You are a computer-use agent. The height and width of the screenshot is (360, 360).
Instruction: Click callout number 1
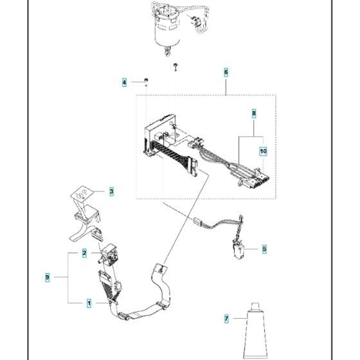[x=89, y=301]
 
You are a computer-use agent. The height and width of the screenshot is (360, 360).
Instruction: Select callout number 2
[x=84, y=253]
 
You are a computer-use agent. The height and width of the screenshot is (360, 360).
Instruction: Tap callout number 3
[x=111, y=191]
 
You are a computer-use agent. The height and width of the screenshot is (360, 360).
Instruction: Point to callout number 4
[x=125, y=82]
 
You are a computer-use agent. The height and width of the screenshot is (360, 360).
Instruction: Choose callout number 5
[x=263, y=248]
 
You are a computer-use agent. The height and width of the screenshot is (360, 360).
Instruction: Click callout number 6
[x=226, y=73]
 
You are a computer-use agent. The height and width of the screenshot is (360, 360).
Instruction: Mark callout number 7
[x=226, y=318]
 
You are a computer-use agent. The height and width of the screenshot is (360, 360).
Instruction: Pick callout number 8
[x=254, y=114]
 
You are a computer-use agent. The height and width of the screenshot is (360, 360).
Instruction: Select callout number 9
[x=48, y=278]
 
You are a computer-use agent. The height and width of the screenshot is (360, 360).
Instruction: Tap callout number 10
[x=262, y=152]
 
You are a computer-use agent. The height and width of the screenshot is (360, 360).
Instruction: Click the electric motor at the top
[x=167, y=26]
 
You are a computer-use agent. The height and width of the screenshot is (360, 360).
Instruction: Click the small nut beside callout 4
[x=147, y=80]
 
